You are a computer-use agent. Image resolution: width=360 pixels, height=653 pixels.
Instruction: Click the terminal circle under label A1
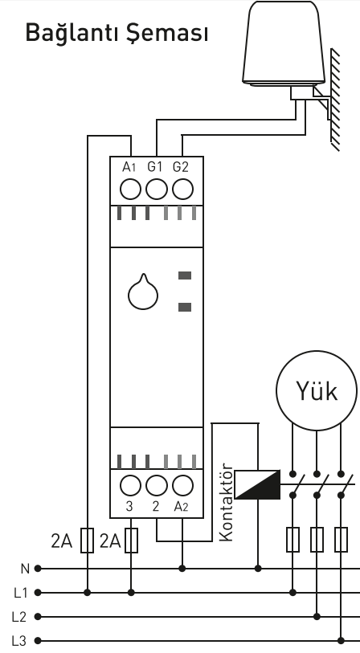click(x=130, y=190)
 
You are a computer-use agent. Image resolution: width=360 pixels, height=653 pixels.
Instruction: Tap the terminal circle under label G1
click(x=157, y=190)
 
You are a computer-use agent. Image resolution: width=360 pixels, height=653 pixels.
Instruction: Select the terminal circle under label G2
click(x=182, y=190)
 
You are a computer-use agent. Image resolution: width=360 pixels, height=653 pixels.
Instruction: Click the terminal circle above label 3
click(x=130, y=486)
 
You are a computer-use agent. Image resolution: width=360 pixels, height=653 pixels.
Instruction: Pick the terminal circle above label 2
click(x=157, y=486)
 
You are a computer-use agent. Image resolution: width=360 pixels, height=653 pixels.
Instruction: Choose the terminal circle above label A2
click(x=182, y=486)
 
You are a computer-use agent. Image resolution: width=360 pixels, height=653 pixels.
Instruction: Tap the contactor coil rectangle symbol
click(x=257, y=484)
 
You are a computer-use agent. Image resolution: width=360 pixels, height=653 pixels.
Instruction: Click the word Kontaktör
click(x=226, y=502)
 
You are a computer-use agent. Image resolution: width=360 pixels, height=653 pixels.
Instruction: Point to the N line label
click(x=25, y=569)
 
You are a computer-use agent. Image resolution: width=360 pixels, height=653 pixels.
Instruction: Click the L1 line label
click(x=20, y=593)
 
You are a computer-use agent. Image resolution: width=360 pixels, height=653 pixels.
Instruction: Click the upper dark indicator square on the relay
click(x=185, y=275)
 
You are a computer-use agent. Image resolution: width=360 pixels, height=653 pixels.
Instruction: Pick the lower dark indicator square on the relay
click(x=185, y=307)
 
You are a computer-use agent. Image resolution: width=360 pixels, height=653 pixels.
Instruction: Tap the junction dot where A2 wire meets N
click(x=182, y=568)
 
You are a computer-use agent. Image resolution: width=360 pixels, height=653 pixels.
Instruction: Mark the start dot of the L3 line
click(x=38, y=640)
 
